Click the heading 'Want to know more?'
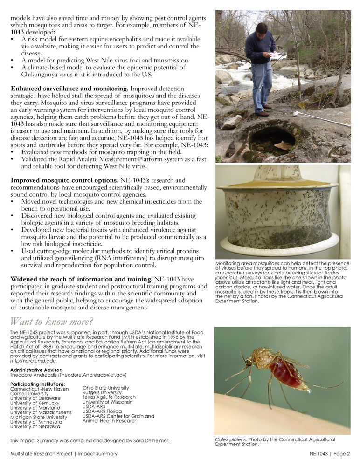(52, 322)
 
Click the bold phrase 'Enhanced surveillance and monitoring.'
(69, 88)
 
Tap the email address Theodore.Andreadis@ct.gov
(90, 375)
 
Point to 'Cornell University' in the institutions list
(29, 394)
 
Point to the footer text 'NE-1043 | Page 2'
(329, 454)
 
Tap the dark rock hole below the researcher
(272, 140)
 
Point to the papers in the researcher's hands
(278, 56)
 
